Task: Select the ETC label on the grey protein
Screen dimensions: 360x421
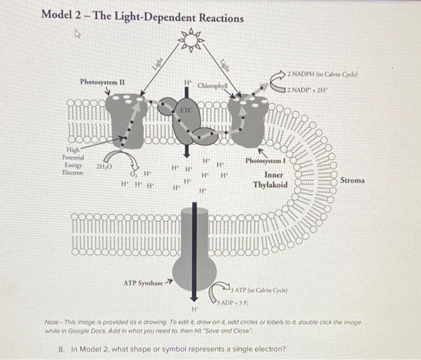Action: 188,111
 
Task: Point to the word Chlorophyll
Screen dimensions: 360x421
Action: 214,85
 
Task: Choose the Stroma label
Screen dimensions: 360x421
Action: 352,180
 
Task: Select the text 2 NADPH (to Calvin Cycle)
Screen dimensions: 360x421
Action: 323,74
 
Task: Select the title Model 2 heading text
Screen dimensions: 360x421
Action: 142,16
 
